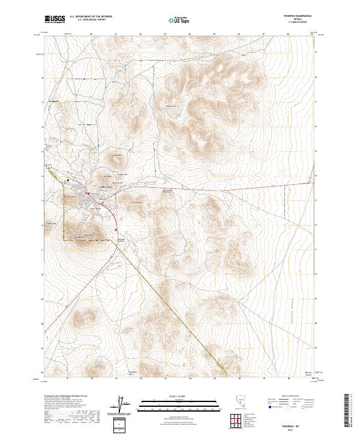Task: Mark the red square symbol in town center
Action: tap(88, 193)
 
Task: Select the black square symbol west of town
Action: tap(68, 179)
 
